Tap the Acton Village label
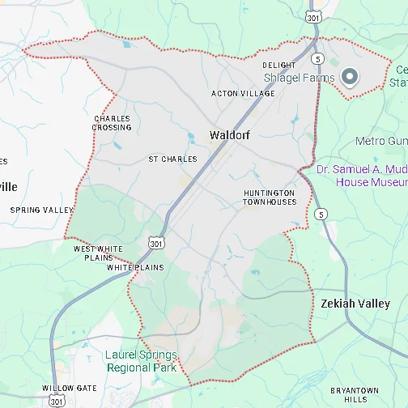click(243, 94)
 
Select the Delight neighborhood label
click(279, 65)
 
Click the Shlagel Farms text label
click(300, 78)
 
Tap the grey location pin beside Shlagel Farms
click(350, 76)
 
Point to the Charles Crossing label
click(112, 123)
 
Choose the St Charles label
click(172, 159)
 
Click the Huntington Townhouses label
click(270, 198)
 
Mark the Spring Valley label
click(41, 210)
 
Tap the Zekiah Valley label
click(355, 304)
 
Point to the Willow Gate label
click(74, 389)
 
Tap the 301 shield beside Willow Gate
click(55, 401)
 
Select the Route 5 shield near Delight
click(318, 59)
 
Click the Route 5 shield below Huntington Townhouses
click(322, 215)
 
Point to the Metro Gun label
click(380, 142)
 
